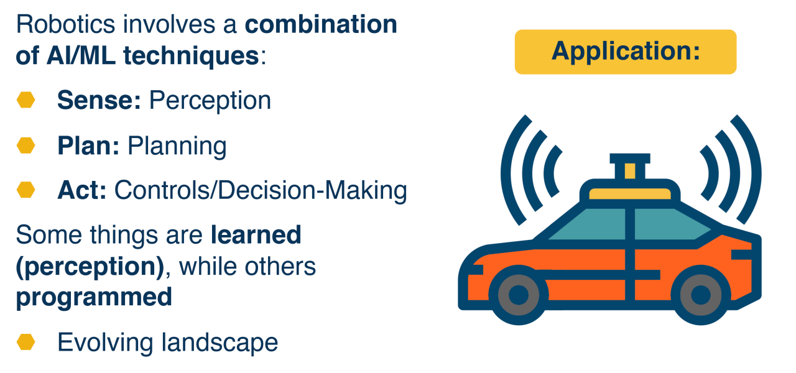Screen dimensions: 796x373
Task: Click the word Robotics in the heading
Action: [x=66, y=24]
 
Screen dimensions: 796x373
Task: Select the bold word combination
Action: [x=321, y=24]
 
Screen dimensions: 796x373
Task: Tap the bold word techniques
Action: [x=191, y=56]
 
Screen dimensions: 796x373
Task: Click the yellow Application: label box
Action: [x=626, y=52]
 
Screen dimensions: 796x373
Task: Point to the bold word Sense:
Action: [x=99, y=100]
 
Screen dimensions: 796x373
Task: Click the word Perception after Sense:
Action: [x=210, y=101]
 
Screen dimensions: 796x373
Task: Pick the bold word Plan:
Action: [x=88, y=145]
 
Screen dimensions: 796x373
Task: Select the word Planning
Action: [x=177, y=146]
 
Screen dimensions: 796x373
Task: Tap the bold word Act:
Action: [x=81, y=190]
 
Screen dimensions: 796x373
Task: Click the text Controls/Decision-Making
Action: [x=261, y=191]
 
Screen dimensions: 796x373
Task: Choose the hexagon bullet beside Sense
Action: [x=26, y=100]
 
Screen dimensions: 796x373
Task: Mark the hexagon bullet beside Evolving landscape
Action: [x=26, y=342]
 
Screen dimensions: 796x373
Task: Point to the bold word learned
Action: [x=256, y=235]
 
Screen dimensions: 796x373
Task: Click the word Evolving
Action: [x=106, y=343]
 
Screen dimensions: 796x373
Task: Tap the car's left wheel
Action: [x=519, y=295]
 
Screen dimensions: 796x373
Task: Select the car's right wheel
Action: [x=700, y=295]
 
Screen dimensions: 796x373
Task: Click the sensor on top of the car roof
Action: [x=630, y=167]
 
